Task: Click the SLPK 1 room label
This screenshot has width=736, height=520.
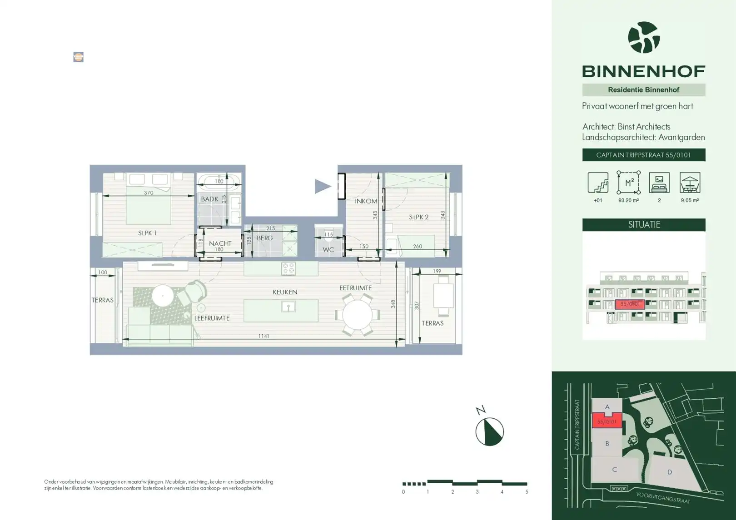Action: point(147,233)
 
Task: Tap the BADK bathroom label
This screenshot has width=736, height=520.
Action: point(209,199)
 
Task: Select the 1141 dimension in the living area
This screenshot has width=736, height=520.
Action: point(264,336)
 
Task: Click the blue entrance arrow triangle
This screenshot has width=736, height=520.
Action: point(322,186)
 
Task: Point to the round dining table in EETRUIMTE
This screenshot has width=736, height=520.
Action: point(358,314)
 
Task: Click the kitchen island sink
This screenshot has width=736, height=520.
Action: point(288,307)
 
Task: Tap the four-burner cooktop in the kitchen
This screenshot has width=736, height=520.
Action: point(288,268)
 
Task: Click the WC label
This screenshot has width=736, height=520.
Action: point(328,250)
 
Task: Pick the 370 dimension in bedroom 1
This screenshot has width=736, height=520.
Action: point(149,193)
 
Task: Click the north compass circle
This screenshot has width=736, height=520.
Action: point(489,431)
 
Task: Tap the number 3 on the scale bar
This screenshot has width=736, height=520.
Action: point(477,492)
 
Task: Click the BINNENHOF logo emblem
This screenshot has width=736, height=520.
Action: point(643,37)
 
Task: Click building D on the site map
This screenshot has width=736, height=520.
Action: point(669,472)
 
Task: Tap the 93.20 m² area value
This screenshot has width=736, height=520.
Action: point(628,200)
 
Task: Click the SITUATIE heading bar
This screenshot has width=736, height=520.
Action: point(644,225)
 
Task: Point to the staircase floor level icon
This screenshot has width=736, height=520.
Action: point(598,183)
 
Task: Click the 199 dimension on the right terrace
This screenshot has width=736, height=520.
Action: point(437,271)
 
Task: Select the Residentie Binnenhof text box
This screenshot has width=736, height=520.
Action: point(644,90)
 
